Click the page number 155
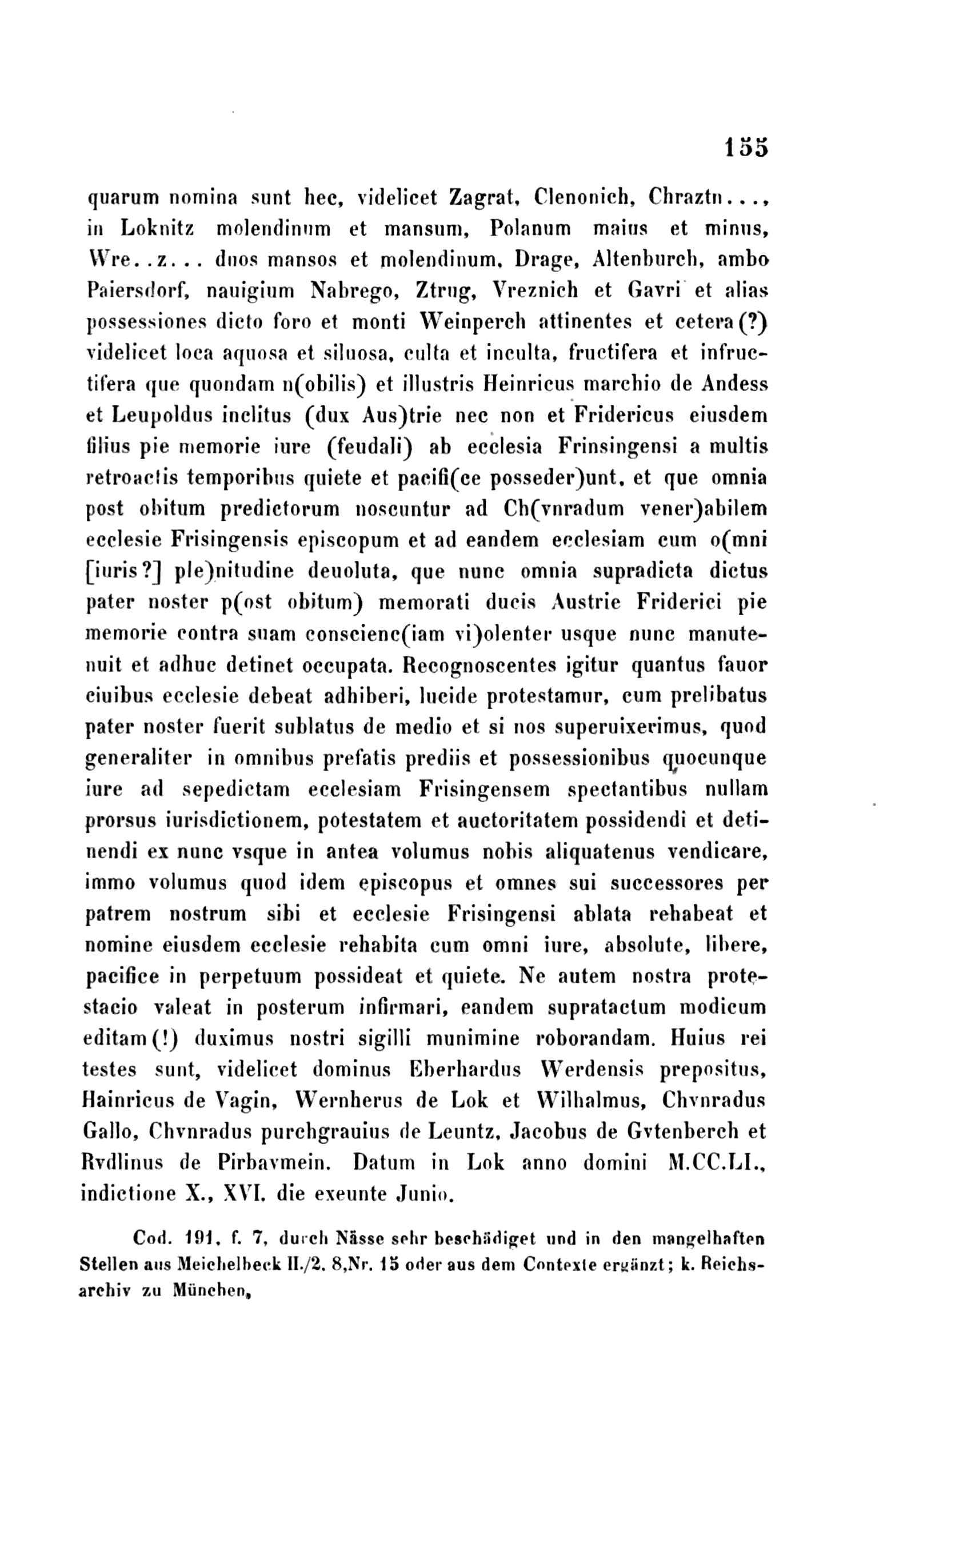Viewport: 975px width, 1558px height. tap(747, 148)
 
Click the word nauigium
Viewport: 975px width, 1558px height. tap(250, 291)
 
